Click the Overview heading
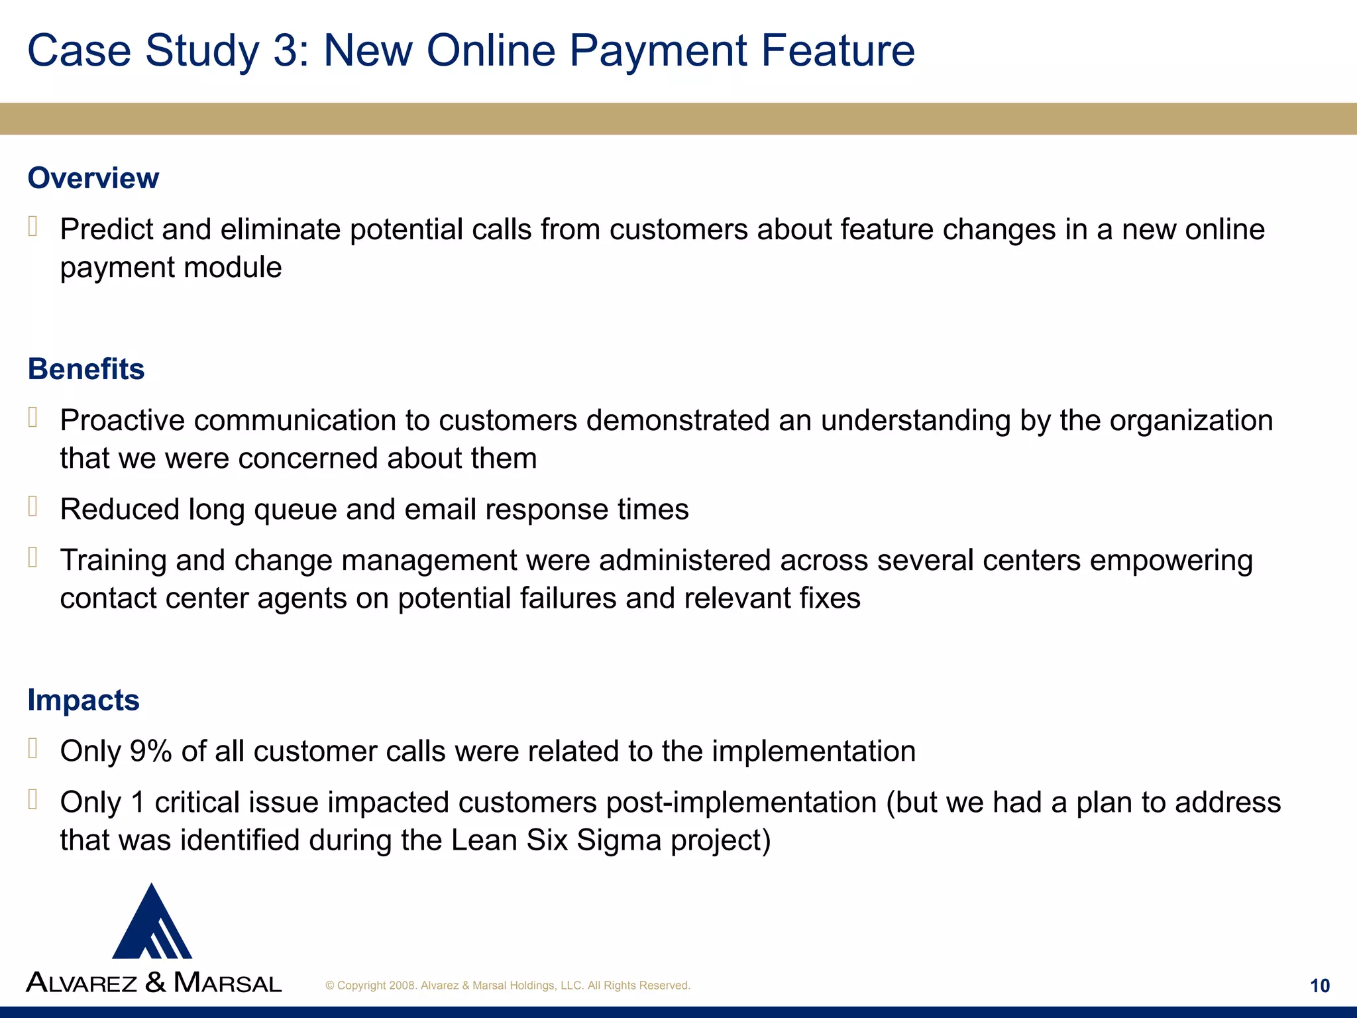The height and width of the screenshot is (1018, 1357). [93, 178]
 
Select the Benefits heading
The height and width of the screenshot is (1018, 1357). [86, 369]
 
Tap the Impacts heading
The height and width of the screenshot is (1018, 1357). [83, 701]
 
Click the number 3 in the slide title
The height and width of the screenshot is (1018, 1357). [286, 50]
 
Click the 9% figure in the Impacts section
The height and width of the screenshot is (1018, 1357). [150, 752]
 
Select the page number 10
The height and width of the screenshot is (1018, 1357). [1319, 986]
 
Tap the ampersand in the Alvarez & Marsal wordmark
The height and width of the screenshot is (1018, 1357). [155, 982]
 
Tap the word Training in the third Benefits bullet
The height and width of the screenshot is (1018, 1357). [113, 561]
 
